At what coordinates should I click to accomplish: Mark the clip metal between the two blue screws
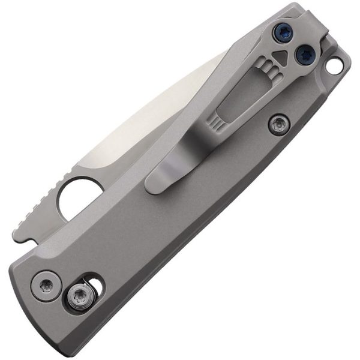coord(293,44)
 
